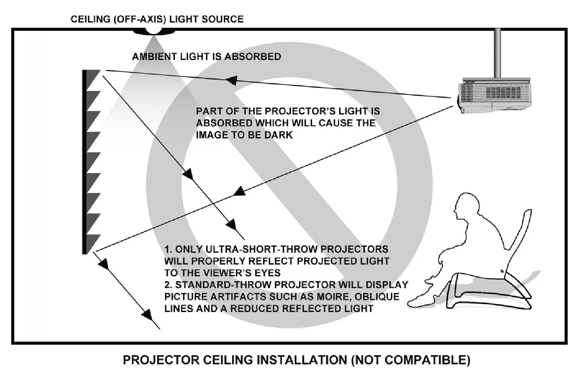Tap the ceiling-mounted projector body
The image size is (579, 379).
(x=494, y=96)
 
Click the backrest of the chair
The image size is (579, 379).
(x=516, y=232)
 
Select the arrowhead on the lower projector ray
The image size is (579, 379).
(x=239, y=192)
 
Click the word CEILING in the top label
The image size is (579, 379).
(x=90, y=19)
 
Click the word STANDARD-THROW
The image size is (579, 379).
(x=223, y=285)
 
